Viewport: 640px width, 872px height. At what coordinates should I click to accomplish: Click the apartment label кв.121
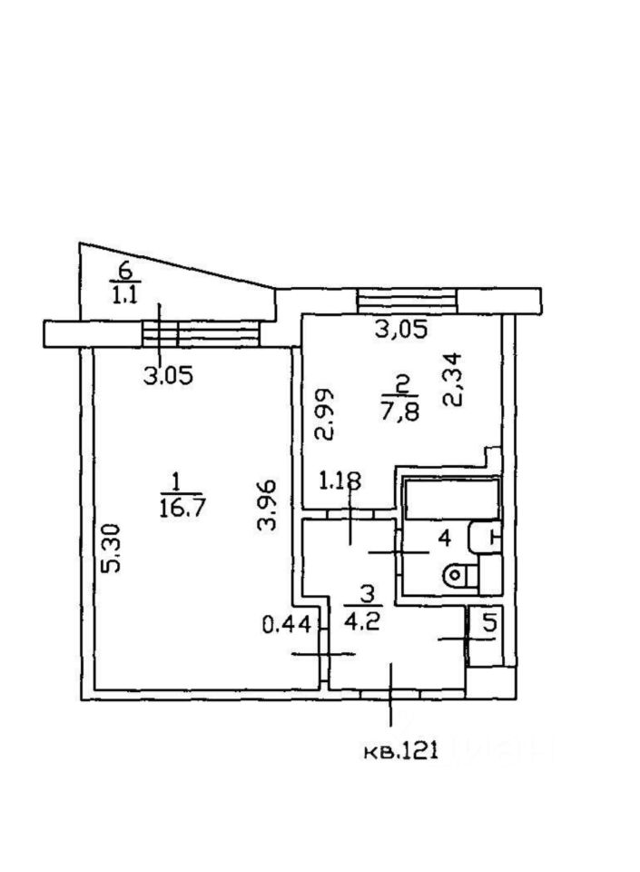[401, 749]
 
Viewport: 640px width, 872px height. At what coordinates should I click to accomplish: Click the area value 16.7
[175, 507]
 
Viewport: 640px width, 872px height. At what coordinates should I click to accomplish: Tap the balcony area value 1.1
[124, 294]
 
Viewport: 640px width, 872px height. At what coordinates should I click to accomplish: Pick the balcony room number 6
[125, 270]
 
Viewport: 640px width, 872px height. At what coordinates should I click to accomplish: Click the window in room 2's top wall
[407, 300]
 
